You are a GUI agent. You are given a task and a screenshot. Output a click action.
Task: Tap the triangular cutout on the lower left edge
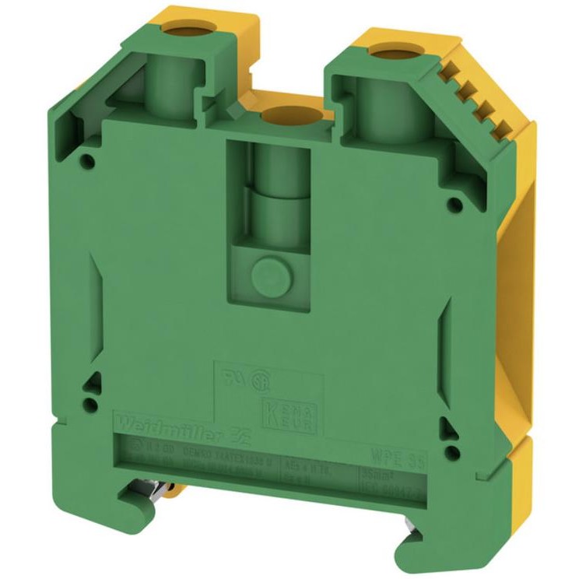(93, 381)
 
